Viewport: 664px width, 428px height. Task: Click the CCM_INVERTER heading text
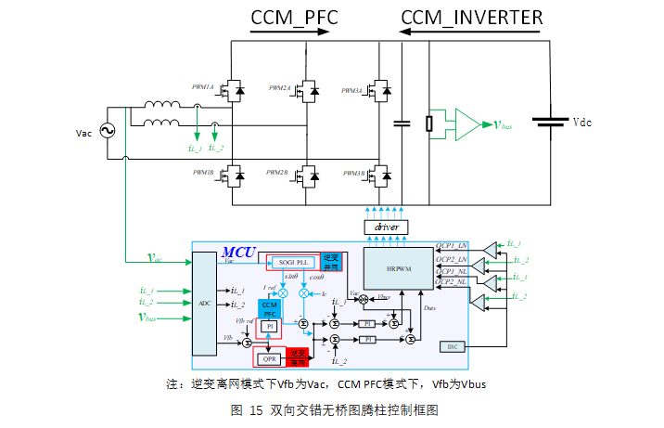coord(472,17)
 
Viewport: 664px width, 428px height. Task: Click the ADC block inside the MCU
coord(205,303)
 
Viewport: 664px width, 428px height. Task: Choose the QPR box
coord(271,358)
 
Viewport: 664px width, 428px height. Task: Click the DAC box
coord(452,345)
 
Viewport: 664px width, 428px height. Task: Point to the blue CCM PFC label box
coord(270,309)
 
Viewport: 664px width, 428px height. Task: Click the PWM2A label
coord(279,87)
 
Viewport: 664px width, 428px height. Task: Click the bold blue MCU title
coord(240,253)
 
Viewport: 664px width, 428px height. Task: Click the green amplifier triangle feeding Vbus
coord(470,123)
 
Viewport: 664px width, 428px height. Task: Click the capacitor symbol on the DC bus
coord(402,123)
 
